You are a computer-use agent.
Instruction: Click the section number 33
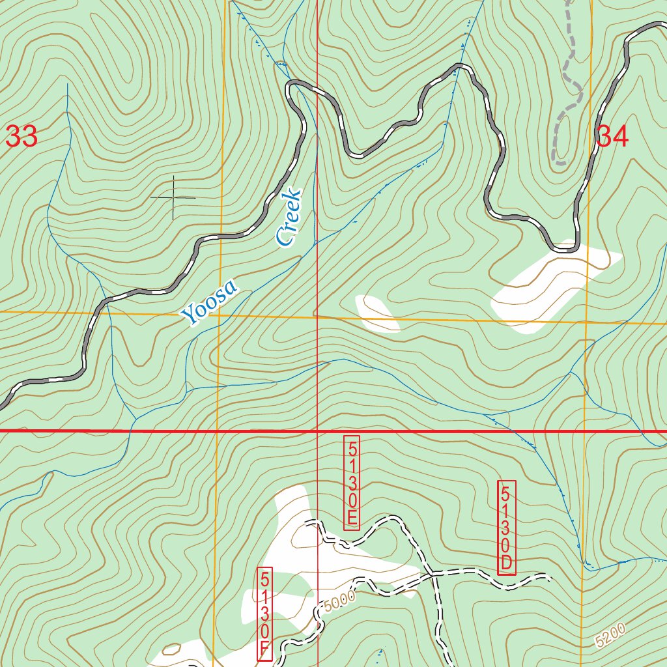(21, 137)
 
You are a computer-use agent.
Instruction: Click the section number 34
(613, 137)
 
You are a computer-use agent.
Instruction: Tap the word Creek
(289, 218)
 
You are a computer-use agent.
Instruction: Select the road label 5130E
(352, 482)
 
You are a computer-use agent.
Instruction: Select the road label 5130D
(507, 528)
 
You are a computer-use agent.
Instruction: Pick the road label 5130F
(265, 614)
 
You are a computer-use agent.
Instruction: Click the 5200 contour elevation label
(610, 635)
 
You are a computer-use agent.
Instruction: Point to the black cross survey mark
(173, 197)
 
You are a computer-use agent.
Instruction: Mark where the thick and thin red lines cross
(317, 431)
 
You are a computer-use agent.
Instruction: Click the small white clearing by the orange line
(377, 312)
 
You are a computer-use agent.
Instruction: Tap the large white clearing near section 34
(554, 287)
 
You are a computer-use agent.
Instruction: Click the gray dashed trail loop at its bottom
(559, 160)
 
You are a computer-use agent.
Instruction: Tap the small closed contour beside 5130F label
(171, 649)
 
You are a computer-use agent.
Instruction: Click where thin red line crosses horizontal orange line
(317, 317)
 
